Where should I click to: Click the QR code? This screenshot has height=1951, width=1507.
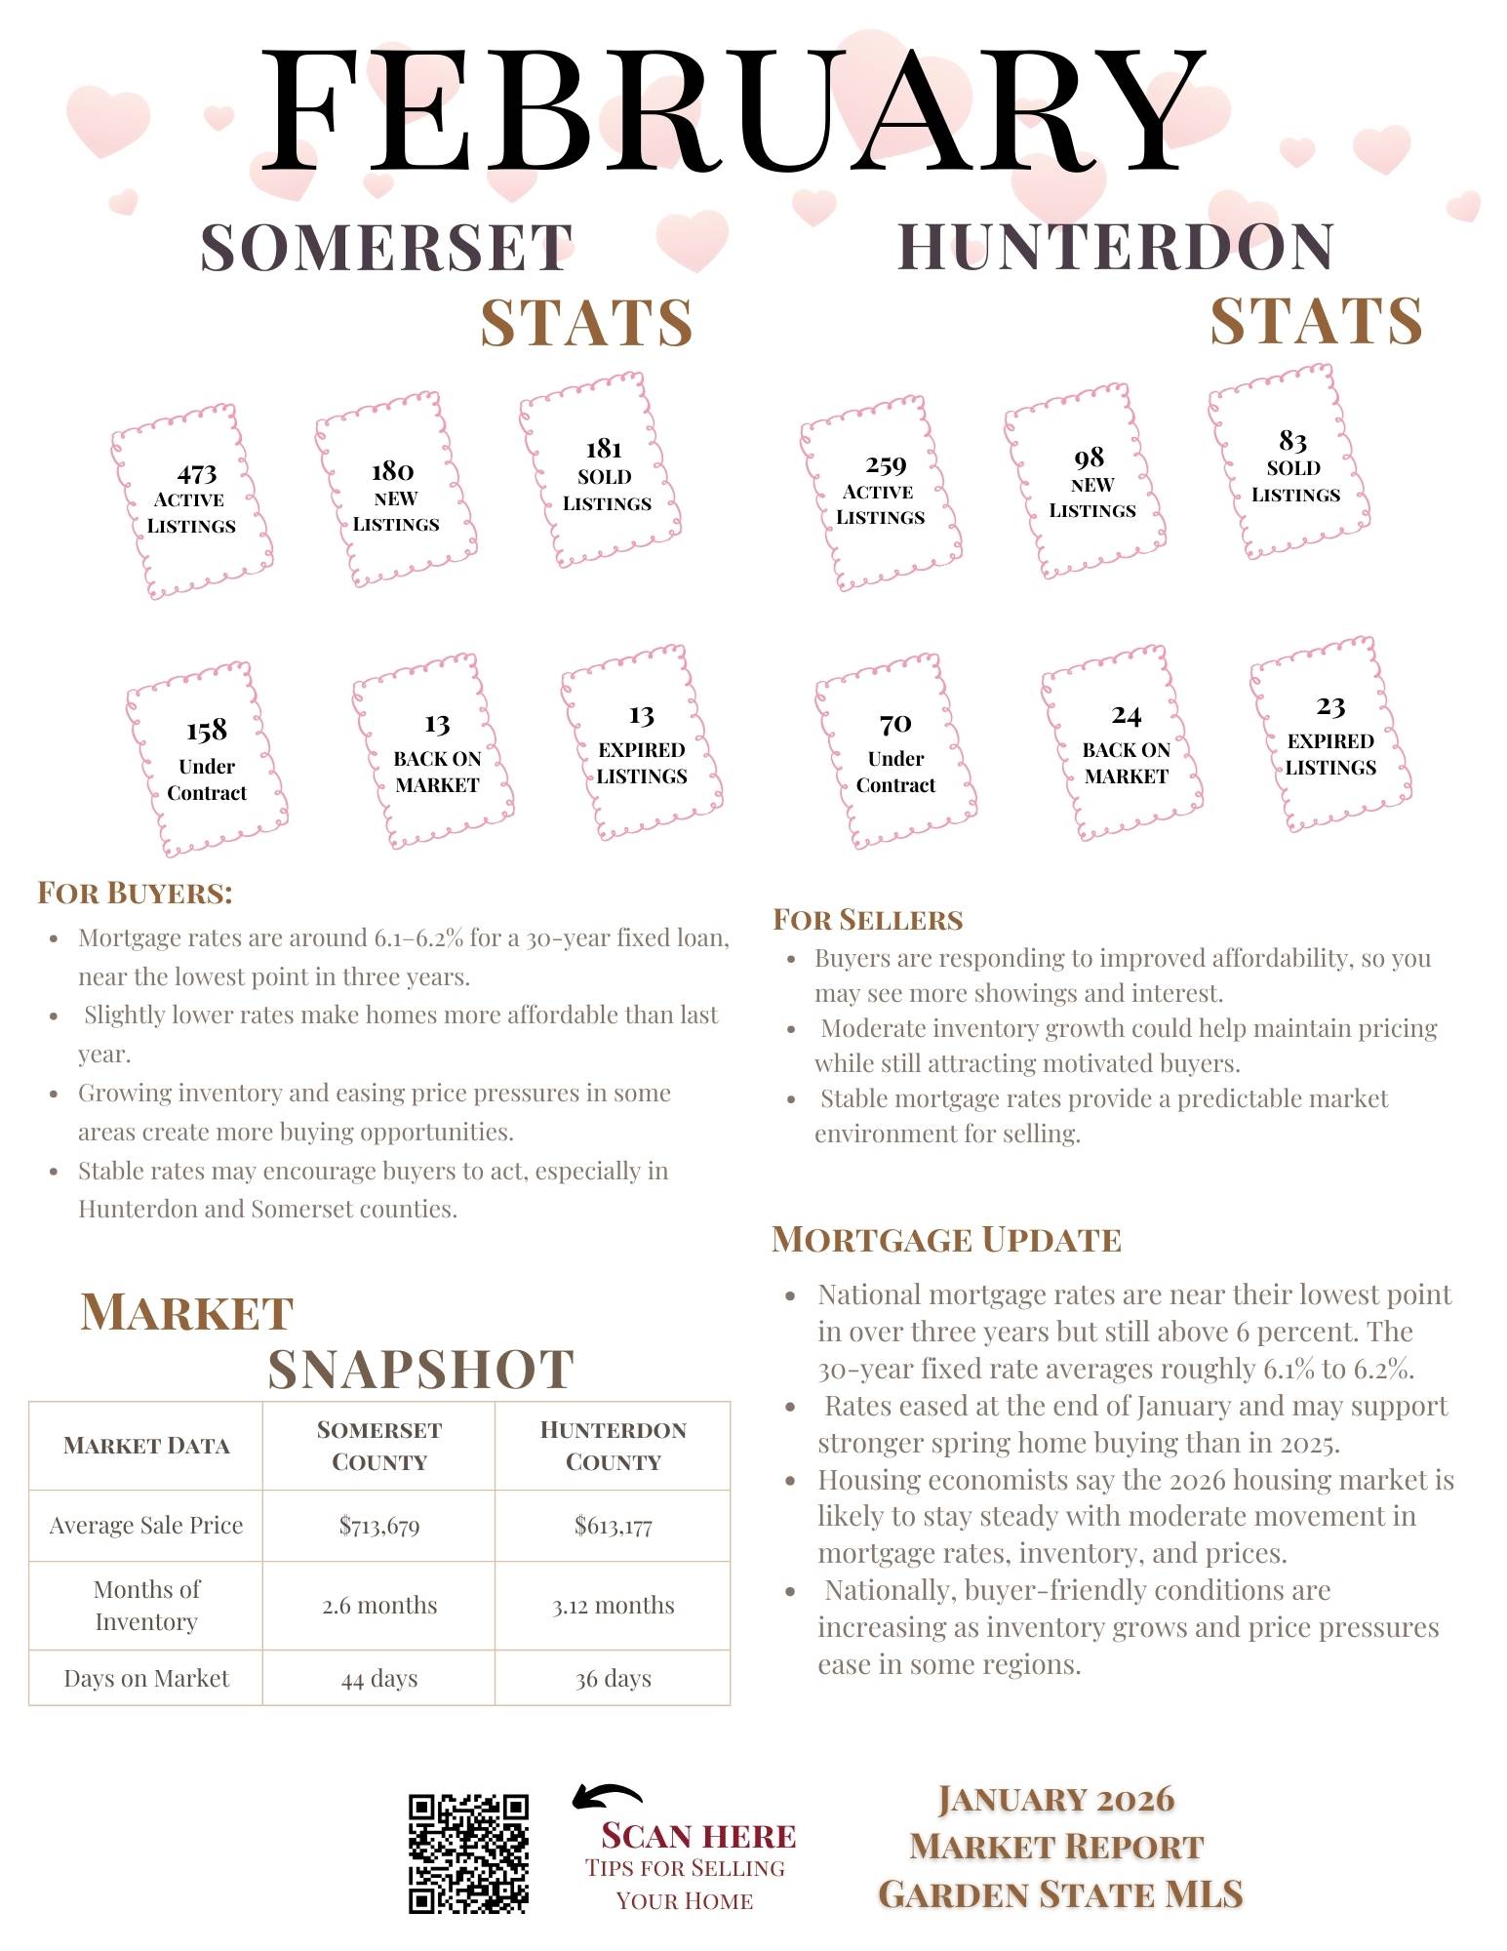coord(468,1852)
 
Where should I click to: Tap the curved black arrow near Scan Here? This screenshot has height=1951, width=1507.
coord(607,1797)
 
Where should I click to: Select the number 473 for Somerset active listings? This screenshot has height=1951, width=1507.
coord(196,474)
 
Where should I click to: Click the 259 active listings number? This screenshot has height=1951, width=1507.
coord(886,465)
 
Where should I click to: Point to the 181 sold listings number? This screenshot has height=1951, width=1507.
coord(604,449)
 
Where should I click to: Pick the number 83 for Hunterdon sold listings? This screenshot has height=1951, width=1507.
coord(1292,441)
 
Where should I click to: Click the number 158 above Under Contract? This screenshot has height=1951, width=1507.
coord(207,731)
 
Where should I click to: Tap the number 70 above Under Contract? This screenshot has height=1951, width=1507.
coord(895,724)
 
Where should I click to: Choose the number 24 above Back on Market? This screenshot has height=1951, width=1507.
coord(1126,716)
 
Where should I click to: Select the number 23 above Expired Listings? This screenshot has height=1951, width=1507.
coord(1330,706)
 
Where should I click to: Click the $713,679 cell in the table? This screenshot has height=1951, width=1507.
coord(379,1526)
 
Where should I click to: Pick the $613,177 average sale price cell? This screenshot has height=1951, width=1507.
coord(613,1526)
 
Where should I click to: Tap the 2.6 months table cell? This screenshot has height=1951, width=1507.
coord(379,1606)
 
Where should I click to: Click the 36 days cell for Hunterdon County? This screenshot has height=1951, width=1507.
coord(613,1679)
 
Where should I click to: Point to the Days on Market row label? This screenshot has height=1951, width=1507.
coord(146,1679)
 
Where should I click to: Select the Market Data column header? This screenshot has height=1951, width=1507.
coord(146,1446)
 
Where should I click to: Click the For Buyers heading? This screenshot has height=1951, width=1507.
coord(135,893)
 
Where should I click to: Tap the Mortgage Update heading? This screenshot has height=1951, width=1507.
coord(946,1240)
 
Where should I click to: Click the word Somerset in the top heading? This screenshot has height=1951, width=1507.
coord(386,248)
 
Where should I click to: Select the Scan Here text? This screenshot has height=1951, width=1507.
coord(698,1836)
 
